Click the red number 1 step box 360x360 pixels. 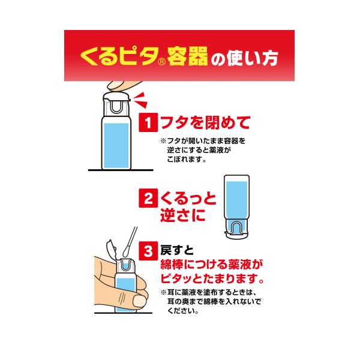(x=148, y=122)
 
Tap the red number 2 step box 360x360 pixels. (x=148, y=198)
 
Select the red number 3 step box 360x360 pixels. (x=148, y=251)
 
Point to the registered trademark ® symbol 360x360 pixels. (x=162, y=62)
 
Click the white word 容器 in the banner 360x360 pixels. (x=188, y=56)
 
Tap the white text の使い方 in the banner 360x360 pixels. (x=244, y=58)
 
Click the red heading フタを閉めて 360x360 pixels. (x=205, y=122)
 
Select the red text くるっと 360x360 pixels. (x=188, y=199)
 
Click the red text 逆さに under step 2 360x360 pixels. (x=182, y=215)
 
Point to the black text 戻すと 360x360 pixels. (x=177, y=250)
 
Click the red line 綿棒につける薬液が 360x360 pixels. (x=211, y=265)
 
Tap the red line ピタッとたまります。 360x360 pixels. (x=212, y=279)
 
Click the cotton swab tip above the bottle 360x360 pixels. (x=126, y=252)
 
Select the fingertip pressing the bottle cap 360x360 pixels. (x=119, y=86)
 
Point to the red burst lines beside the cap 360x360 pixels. (x=140, y=100)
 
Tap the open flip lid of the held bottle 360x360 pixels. (x=112, y=248)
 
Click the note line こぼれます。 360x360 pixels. (x=187, y=160)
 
